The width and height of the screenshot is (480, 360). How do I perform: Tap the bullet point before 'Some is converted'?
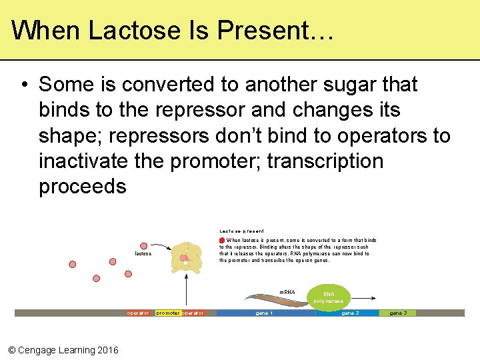[x=23, y=85]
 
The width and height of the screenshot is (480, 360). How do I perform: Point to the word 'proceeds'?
[x=82, y=187]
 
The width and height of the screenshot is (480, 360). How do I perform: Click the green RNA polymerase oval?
[x=329, y=297]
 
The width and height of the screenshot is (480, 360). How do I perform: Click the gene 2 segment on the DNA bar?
[x=349, y=313]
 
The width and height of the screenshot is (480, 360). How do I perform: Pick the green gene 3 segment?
[x=398, y=313]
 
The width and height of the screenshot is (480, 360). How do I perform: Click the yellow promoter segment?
[x=167, y=313]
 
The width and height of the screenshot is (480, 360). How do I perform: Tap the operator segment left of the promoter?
[x=138, y=313]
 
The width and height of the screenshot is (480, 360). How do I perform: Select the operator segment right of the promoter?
[x=193, y=313]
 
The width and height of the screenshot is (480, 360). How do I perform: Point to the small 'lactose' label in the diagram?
[x=143, y=254]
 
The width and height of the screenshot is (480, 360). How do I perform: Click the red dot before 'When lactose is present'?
[x=222, y=241]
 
